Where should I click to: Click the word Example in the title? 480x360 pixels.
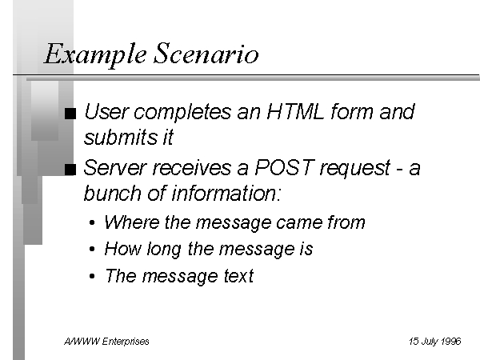95,54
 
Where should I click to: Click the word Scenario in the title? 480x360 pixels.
206,54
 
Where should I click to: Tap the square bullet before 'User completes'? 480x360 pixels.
70,114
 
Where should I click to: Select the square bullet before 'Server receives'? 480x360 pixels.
70,170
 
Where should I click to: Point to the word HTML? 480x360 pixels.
295,111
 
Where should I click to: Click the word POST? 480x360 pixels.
284,167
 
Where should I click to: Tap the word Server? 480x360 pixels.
114,167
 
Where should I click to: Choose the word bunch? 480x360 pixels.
112,193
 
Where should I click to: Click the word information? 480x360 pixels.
226,193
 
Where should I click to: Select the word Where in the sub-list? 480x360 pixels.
132,222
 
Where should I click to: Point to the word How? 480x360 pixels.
122,248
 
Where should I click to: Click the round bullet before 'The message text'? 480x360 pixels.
92,276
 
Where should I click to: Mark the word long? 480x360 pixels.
164,249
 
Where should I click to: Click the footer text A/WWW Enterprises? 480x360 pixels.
106,341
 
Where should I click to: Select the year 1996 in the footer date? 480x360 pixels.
451,341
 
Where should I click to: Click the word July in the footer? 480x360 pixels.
430,342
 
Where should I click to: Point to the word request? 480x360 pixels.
355,168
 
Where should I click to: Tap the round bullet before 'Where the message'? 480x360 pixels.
92,222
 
